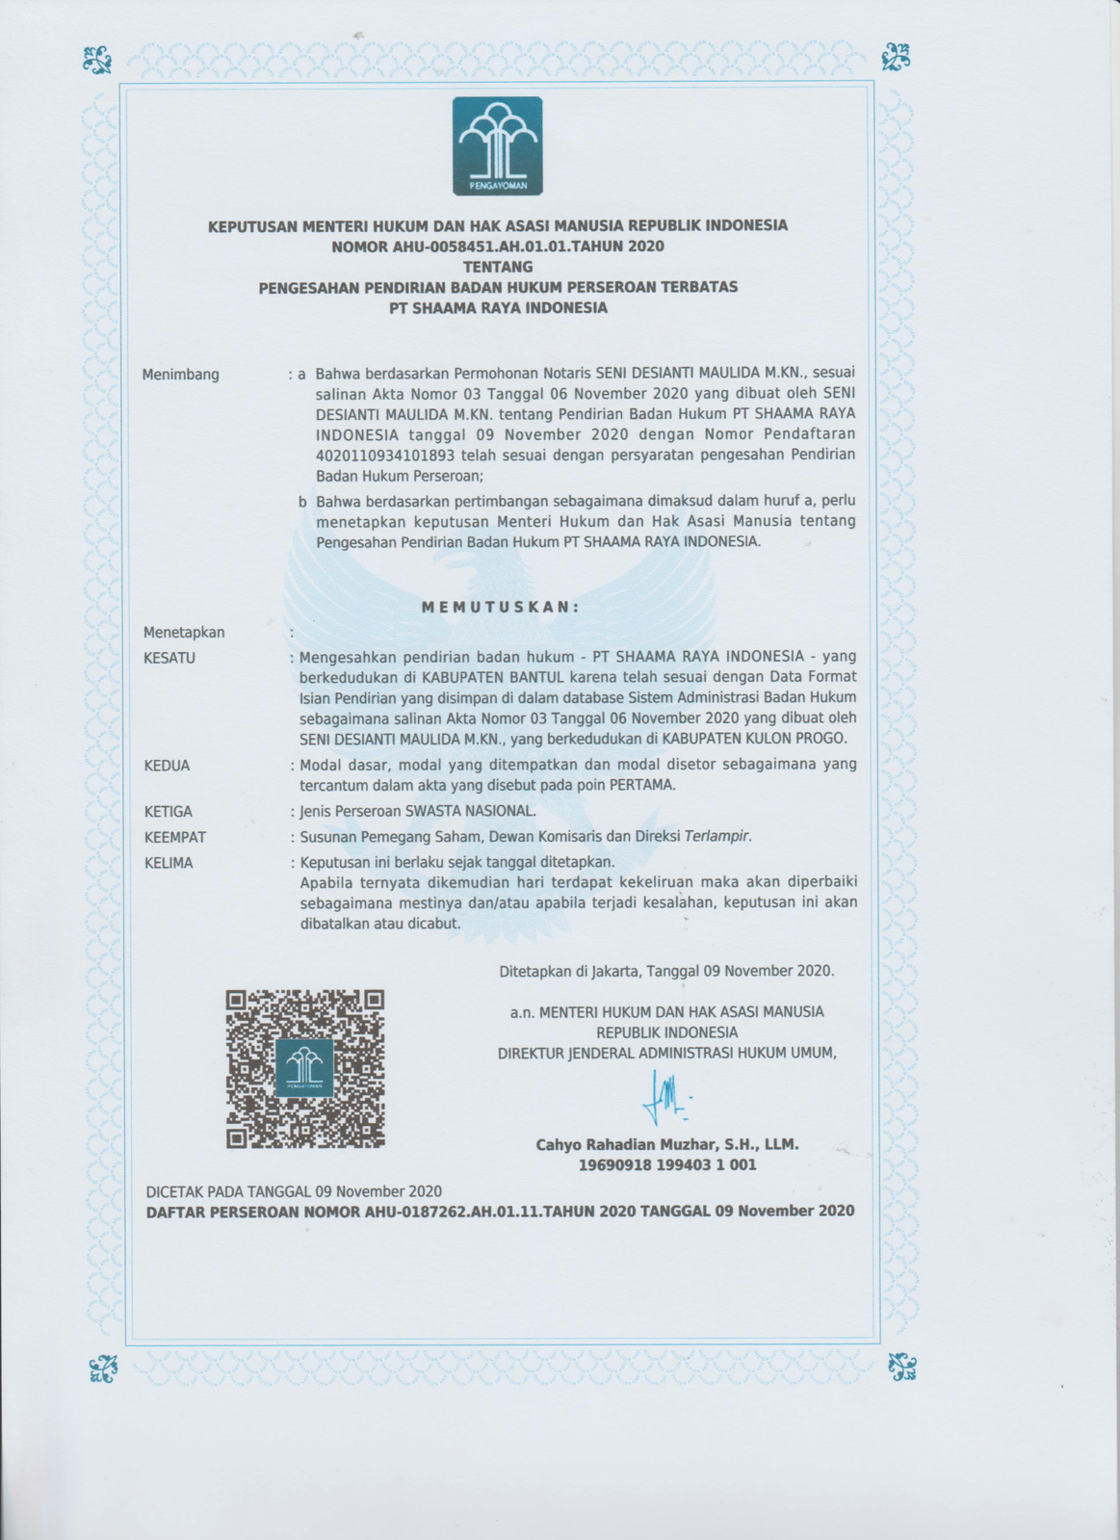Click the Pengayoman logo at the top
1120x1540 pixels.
pos(497,146)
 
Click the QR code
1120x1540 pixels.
pos(305,1068)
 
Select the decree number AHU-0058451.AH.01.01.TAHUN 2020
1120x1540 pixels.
pos(497,246)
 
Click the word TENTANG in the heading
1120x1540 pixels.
pos(497,266)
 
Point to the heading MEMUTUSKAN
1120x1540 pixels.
pos(501,607)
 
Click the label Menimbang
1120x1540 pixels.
pos(181,375)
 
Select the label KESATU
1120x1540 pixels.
pos(169,658)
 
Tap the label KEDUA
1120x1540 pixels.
pos(167,766)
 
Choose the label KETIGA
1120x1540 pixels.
pos(168,812)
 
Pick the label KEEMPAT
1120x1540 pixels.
pos(174,837)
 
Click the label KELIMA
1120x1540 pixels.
pos(169,863)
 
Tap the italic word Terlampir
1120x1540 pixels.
pos(717,836)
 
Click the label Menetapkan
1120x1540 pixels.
pos(184,633)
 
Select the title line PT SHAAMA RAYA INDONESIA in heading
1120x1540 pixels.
pos(498,308)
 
